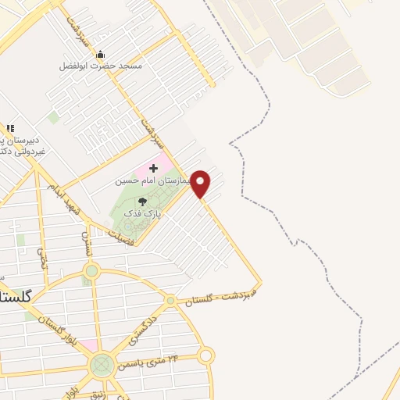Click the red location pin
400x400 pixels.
point(201,184)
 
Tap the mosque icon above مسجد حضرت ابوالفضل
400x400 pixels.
point(100,55)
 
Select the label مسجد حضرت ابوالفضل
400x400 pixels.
point(101,66)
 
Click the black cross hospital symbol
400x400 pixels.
point(153,169)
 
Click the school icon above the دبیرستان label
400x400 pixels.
point(10,129)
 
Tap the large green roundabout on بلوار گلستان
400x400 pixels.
point(102,364)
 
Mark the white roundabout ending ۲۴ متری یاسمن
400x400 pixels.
point(205,356)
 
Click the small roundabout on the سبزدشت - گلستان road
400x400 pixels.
point(170,300)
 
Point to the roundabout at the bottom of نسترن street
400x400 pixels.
point(91,271)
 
